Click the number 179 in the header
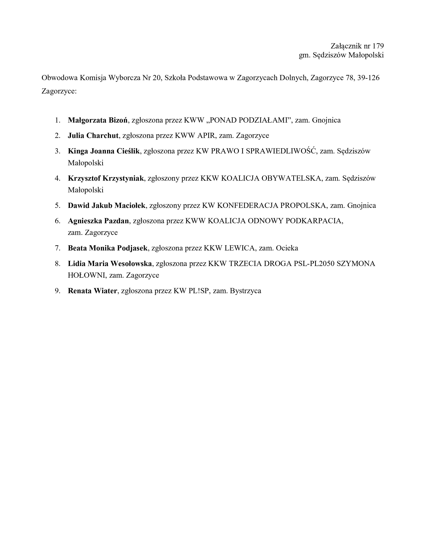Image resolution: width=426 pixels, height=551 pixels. pyautogui.click(x=378, y=46)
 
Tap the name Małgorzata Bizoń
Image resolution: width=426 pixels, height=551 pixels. pyautogui.click(x=98, y=120)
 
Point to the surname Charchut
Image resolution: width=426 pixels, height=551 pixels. pyautogui.click(x=102, y=135)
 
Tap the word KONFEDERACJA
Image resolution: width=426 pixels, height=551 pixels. pyautogui.click(x=247, y=205)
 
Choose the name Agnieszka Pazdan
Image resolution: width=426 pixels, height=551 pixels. pyautogui.click(x=98, y=221)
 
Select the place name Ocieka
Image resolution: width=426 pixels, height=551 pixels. pyautogui.click(x=287, y=248)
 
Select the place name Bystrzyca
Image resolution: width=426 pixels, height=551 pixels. pyautogui.click(x=245, y=291)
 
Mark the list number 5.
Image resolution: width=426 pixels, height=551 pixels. pyautogui.click(x=57, y=205)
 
